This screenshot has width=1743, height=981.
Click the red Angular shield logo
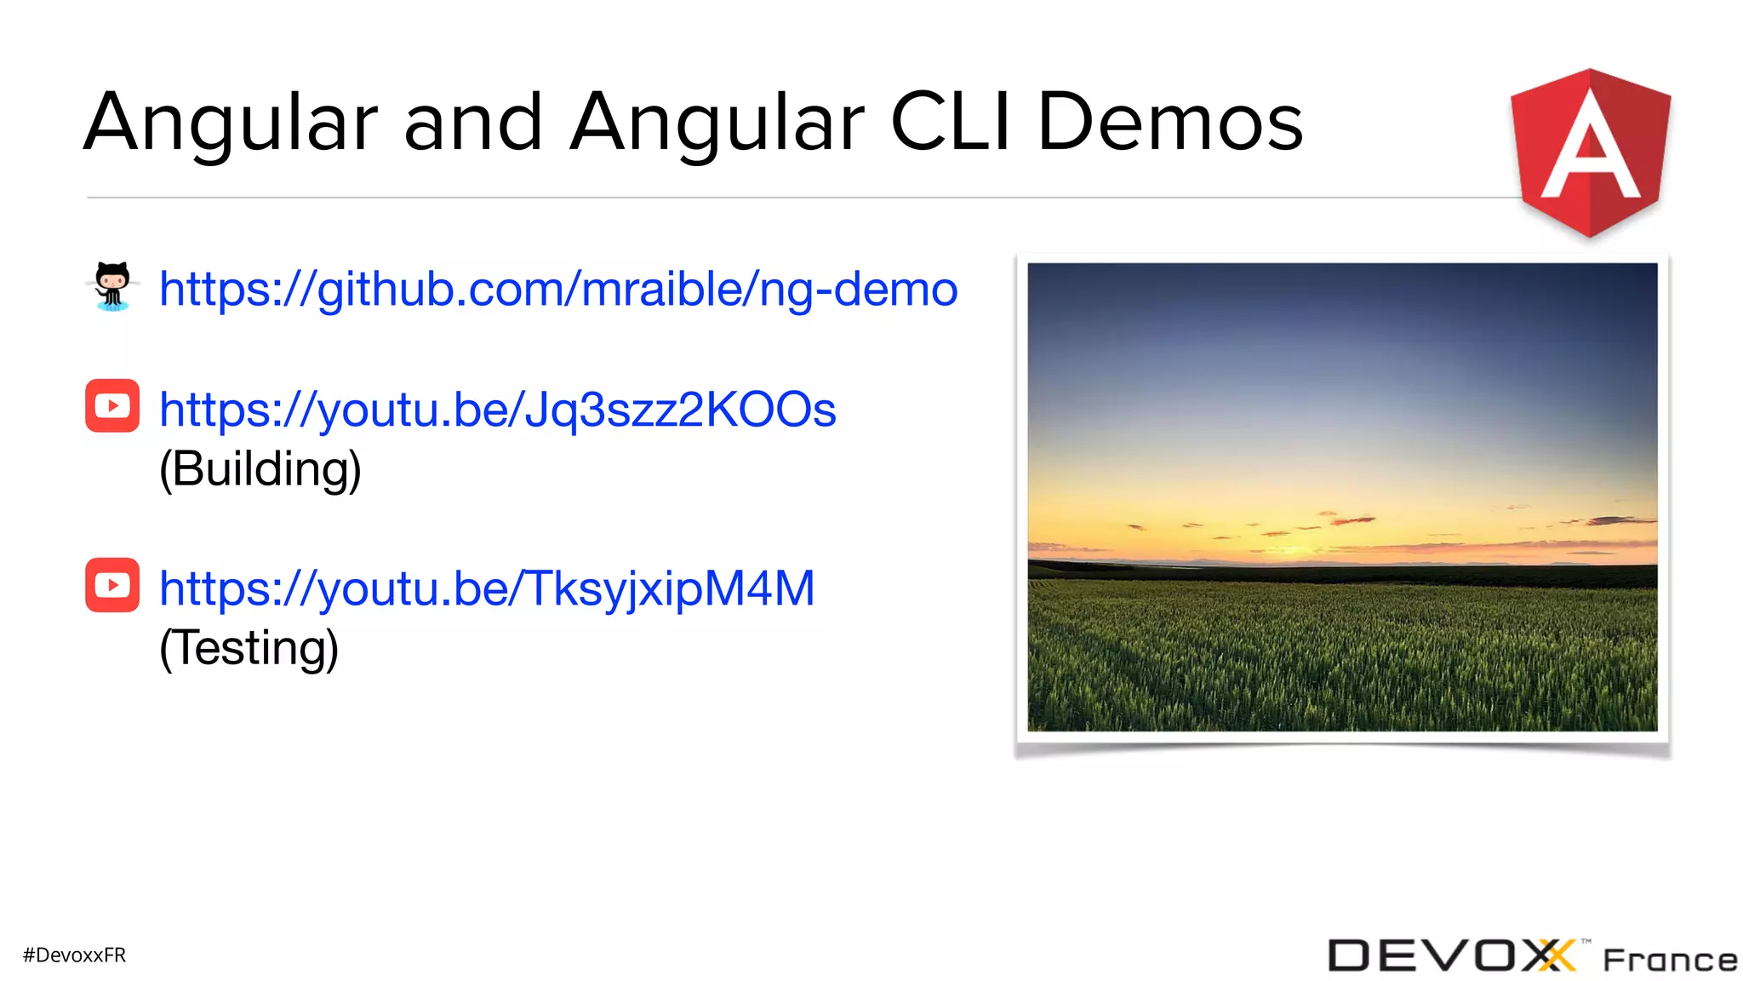pyautogui.click(x=1590, y=153)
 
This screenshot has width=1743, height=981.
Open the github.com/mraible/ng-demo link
pyautogui.click(x=558, y=290)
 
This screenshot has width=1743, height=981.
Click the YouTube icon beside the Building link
pyautogui.click(x=112, y=405)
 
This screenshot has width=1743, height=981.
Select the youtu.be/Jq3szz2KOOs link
pyautogui.click(x=498, y=410)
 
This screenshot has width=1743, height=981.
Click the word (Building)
pyautogui.click(x=260, y=469)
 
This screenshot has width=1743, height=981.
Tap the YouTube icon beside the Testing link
pyautogui.click(x=112, y=585)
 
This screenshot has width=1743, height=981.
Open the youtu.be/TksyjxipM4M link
pyautogui.click(x=487, y=588)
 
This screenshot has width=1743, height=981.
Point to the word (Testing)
pyautogui.click(x=249, y=648)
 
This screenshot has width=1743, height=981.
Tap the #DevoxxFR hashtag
pyautogui.click(x=75, y=955)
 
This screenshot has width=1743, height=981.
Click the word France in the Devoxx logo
pyautogui.click(x=1670, y=960)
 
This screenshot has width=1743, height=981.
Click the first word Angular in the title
pyautogui.click(x=231, y=123)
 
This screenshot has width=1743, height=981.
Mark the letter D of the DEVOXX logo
pyautogui.click(x=1348, y=955)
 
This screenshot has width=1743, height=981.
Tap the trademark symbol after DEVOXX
pyautogui.click(x=1586, y=942)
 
